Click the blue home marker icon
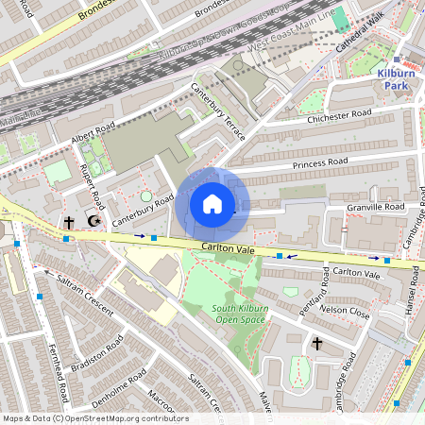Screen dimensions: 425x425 pos(212,204)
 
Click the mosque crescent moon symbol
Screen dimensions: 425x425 pos(93,222)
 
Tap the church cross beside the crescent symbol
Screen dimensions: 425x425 pos(69,222)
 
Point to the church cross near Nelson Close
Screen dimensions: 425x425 pos(316,343)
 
